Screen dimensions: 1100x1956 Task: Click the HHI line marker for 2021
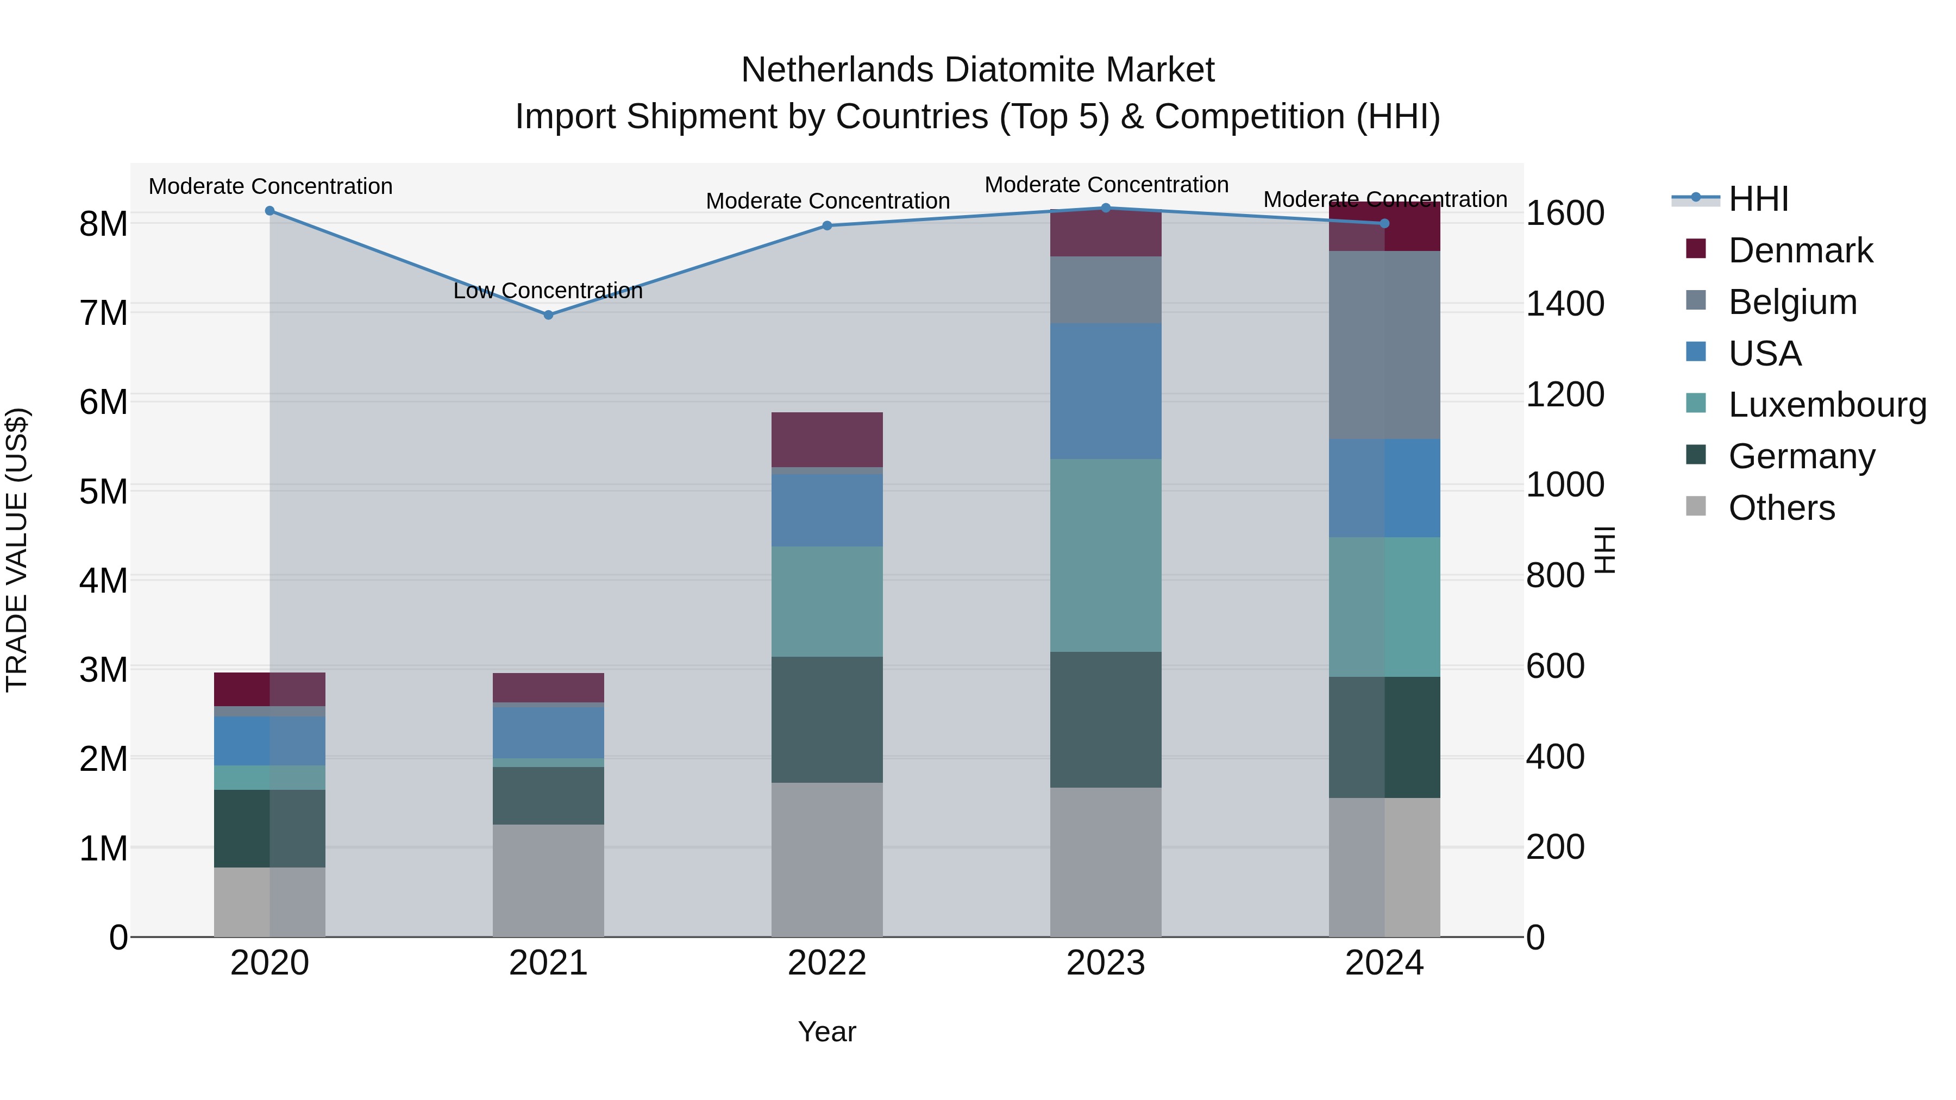(548, 315)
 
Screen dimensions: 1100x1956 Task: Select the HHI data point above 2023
(1106, 208)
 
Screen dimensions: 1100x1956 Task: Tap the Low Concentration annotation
(548, 291)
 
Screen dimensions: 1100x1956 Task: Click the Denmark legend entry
(1800, 250)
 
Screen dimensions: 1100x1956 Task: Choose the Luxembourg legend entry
(1826, 405)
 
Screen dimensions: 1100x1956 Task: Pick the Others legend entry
(1781, 508)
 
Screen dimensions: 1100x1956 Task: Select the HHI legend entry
(1758, 199)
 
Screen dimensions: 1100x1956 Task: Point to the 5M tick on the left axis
(103, 491)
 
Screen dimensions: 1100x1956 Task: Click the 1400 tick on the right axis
(1565, 304)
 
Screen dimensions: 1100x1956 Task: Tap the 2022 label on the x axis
(827, 963)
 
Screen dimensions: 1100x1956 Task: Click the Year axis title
(827, 1032)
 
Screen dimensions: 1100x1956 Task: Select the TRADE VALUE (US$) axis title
(17, 550)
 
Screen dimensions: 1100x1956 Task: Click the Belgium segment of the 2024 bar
(1384, 345)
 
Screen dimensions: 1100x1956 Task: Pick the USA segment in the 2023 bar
(1106, 391)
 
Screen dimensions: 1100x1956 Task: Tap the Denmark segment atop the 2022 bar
(827, 439)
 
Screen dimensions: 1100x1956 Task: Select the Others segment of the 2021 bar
(548, 881)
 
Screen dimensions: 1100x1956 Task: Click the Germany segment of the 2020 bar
(269, 828)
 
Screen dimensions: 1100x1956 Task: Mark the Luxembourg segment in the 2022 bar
(827, 601)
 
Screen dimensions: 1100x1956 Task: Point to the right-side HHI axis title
(1604, 550)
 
